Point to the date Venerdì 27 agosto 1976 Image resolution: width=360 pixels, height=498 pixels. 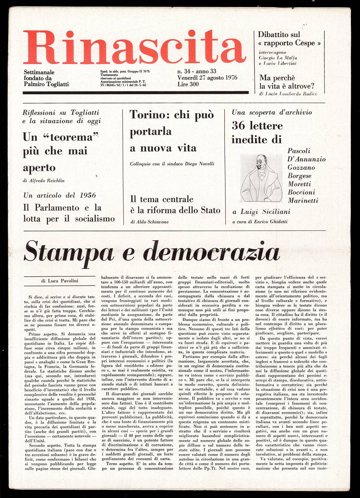(x=207, y=78)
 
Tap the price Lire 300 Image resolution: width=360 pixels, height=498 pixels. (x=188, y=84)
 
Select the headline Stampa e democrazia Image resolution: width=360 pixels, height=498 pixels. (x=152, y=252)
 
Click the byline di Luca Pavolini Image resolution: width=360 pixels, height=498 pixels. (x=60, y=281)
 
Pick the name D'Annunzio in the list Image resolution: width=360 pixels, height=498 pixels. (x=306, y=159)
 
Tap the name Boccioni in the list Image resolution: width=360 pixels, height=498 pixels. (x=301, y=192)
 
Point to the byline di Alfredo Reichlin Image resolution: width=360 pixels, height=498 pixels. (x=44, y=181)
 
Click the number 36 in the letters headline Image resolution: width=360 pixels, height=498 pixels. (x=238, y=126)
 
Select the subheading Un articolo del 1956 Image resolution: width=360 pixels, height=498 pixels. (x=59, y=195)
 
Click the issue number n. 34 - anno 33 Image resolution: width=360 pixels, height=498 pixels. (x=197, y=71)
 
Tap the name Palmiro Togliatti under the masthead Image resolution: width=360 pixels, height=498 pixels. (x=46, y=84)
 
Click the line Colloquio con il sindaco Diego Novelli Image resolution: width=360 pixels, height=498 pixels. (x=172, y=164)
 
